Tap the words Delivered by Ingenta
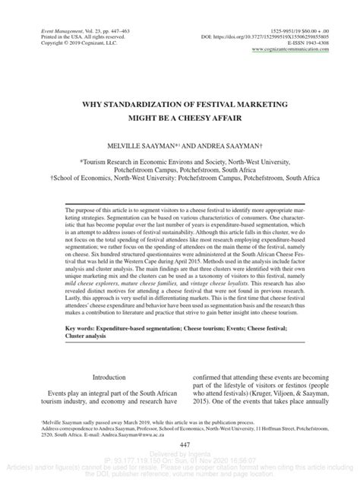pos(180,453)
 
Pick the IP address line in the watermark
pos(180,460)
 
